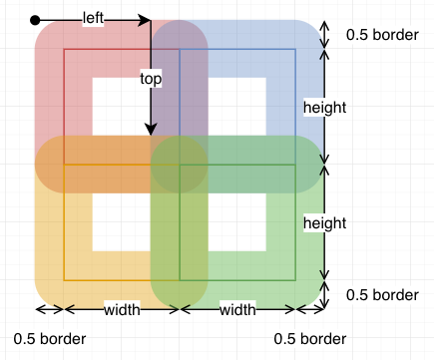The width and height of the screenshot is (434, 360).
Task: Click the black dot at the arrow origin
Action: (36, 20)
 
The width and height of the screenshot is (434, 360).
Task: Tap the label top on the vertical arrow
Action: (151, 77)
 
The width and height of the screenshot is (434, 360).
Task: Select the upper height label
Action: (324, 106)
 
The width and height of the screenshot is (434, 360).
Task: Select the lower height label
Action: (324, 220)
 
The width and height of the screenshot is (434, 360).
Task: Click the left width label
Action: (122, 309)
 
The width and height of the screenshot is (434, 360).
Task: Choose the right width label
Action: (237, 309)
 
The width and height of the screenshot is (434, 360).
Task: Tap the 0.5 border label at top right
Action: (382, 35)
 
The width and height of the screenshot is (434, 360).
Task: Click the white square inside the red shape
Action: (121, 106)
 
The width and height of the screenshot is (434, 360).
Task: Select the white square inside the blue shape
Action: (238, 106)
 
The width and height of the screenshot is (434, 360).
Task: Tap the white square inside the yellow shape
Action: (121, 222)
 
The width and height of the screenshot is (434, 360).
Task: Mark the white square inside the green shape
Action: (238, 222)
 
